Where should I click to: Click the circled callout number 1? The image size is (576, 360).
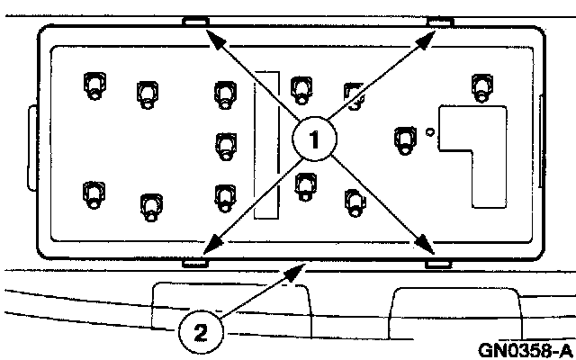pyautogui.click(x=314, y=139)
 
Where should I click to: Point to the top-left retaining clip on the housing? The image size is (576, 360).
pyautogui.click(x=195, y=21)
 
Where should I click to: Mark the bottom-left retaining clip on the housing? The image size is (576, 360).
pyautogui.click(x=195, y=263)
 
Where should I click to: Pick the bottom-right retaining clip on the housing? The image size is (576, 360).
pyautogui.click(x=438, y=265)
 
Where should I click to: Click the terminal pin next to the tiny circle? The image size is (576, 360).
pyautogui.click(x=405, y=139)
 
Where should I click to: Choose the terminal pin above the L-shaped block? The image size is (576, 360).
pyautogui.click(x=481, y=87)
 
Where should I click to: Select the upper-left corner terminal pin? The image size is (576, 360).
pyautogui.click(x=93, y=86)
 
